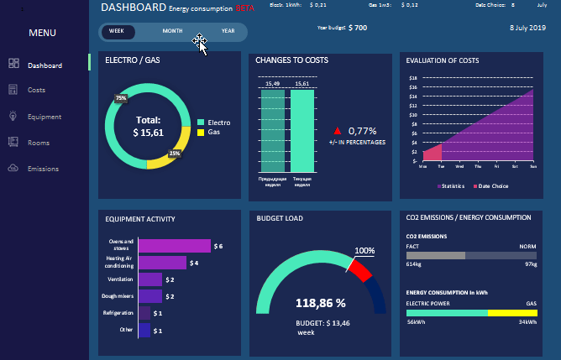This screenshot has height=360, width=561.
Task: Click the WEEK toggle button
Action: click(117, 31)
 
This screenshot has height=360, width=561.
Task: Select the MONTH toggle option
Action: click(172, 31)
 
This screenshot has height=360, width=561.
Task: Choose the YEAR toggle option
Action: click(228, 31)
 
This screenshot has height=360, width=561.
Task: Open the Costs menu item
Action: click(36, 89)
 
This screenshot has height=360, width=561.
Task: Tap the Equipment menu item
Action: click(43, 117)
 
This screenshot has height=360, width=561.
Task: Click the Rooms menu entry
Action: click(38, 143)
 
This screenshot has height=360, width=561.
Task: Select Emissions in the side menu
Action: click(43, 169)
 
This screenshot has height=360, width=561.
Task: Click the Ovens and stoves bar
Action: click(174, 246)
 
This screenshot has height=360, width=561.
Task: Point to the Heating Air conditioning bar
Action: click(162, 263)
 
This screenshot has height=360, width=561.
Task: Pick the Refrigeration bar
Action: click(144, 313)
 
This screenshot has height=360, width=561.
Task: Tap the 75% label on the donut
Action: click(121, 98)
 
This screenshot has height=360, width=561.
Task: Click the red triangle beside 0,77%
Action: click(338, 131)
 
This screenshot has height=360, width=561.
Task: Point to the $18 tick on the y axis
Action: click(412, 78)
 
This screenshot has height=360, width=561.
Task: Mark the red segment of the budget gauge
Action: click(360, 269)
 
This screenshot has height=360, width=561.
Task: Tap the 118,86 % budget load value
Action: click(321, 302)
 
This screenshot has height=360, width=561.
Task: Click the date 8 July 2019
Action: click(527, 28)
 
